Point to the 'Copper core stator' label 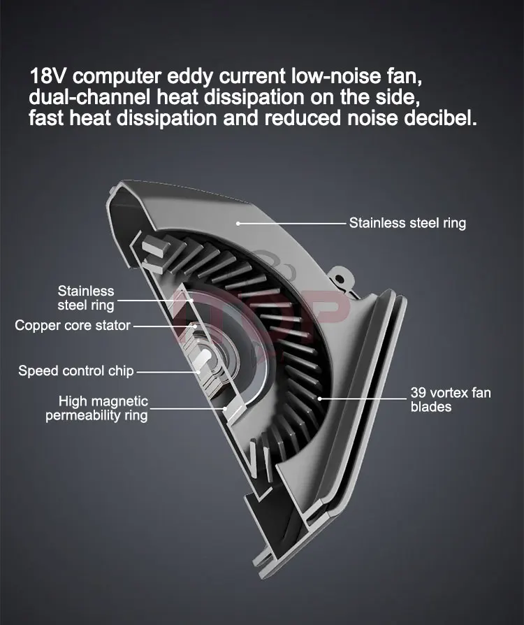click(73, 325)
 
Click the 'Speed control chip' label click(76, 371)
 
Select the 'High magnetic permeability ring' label click(98, 408)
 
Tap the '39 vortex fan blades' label click(451, 399)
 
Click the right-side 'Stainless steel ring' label click(407, 224)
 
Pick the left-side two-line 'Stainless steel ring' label click(86, 297)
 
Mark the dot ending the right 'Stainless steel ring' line click(238, 224)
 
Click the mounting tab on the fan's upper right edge click(340, 276)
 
